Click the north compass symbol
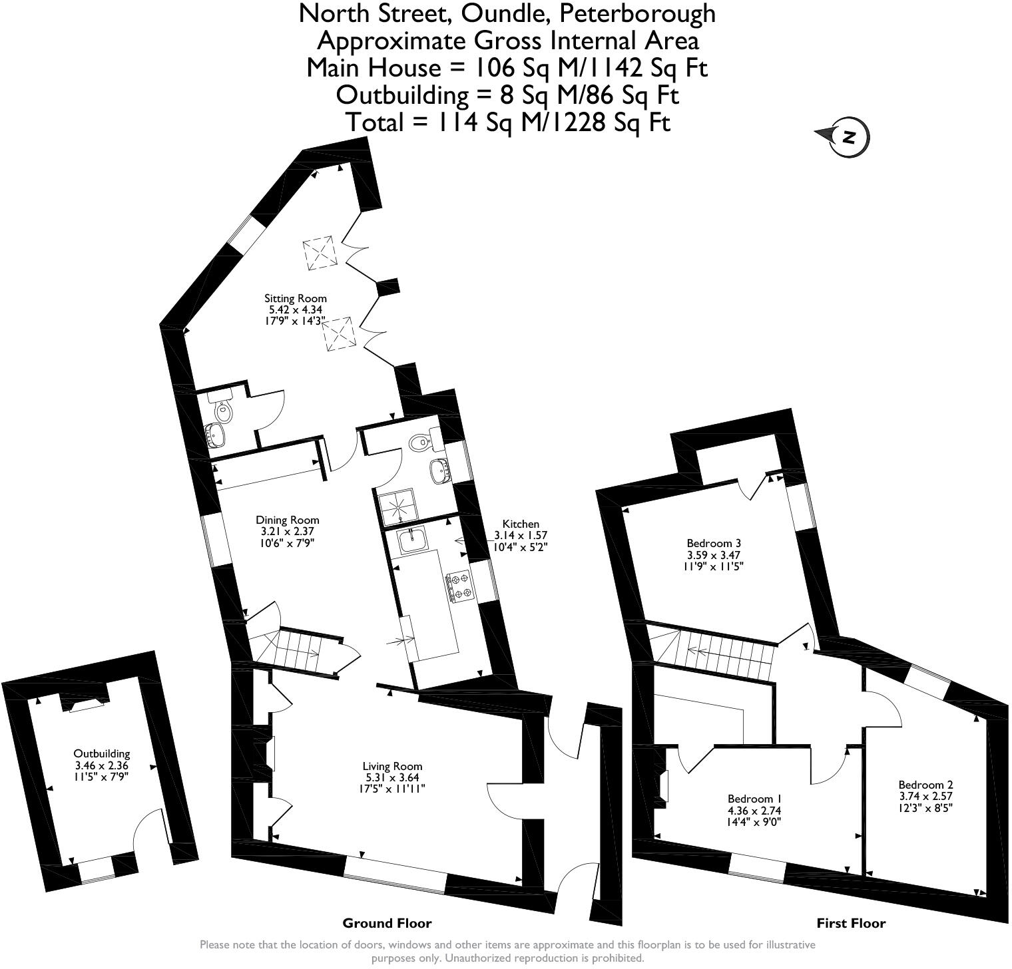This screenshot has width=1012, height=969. coord(848,137)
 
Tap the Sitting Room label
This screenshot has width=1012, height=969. coord(296,299)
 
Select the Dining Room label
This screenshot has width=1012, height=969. coord(288,520)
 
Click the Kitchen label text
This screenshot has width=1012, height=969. coord(521,524)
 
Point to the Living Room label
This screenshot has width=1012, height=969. coord(392,767)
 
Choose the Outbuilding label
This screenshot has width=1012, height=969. coord(102,754)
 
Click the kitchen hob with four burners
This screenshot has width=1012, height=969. coord(459,586)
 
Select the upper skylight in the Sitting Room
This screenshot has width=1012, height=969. coord(320,253)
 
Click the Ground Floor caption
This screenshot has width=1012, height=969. coord(387,923)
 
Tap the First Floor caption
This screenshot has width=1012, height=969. coord(851,923)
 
